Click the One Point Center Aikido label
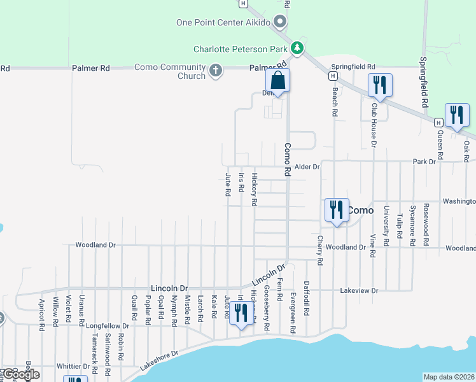[x=224, y=23]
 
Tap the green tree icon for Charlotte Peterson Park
[x=297, y=48]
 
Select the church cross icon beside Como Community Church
[x=216, y=70]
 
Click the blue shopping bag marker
[x=277, y=81]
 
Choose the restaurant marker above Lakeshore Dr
[x=241, y=314]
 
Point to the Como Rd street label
[x=287, y=155]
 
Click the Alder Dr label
[x=307, y=167]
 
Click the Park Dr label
[x=424, y=162]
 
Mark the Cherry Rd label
[x=320, y=250]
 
